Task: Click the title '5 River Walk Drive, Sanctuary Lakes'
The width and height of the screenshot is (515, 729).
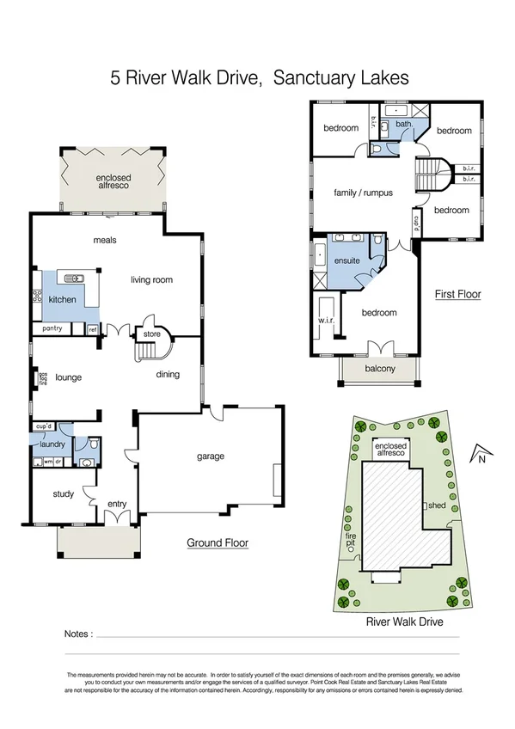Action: (x=259, y=78)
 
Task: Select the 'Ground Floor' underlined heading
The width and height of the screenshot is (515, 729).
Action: (x=218, y=542)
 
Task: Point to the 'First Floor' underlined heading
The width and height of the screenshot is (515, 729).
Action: (x=457, y=294)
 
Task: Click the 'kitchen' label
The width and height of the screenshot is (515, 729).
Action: (x=62, y=300)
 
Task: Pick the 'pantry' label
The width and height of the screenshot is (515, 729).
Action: (x=52, y=329)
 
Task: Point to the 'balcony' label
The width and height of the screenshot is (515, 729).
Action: (x=379, y=369)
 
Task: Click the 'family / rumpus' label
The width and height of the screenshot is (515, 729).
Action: (x=363, y=193)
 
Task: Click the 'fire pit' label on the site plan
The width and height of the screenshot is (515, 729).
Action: (x=350, y=542)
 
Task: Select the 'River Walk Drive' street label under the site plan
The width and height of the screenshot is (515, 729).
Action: (x=404, y=621)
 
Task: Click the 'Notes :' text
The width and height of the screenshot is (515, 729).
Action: (x=78, y=634)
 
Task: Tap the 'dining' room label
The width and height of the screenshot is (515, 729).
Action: (x=168, y=374)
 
